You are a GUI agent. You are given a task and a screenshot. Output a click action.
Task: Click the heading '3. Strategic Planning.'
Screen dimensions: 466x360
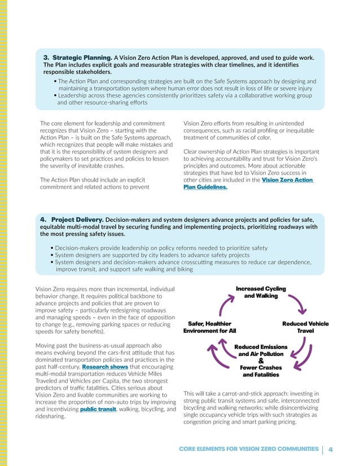78,58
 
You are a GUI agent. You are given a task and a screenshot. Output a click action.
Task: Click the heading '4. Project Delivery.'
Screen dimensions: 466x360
71,218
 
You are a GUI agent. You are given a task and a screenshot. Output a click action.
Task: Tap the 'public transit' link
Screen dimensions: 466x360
99,410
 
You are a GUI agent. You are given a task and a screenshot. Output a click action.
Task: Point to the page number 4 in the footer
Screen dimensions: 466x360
331,449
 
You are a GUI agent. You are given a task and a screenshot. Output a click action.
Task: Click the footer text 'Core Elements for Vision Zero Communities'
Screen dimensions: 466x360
248,449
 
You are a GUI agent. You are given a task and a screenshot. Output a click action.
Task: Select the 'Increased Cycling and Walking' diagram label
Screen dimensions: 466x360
261,292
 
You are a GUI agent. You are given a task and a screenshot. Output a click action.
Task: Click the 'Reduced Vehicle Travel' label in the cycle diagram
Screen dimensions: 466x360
305,327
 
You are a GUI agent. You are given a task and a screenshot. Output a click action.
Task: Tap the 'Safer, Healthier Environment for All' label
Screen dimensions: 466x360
209,327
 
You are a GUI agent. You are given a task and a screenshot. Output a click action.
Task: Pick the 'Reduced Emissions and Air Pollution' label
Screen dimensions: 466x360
261,350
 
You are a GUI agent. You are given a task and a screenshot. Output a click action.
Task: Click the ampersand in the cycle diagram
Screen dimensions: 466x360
261,361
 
